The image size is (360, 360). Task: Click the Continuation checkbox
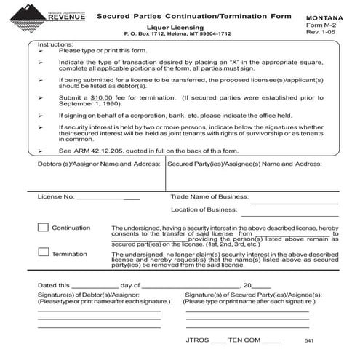point(43,228)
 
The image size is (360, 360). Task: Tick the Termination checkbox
point(43,252)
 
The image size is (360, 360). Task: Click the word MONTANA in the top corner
point(325,16)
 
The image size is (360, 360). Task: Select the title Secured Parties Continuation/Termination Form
point(193,15)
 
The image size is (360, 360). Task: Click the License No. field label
point(56,196)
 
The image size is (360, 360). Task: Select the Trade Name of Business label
point(209,196)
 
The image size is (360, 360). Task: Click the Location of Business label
point(204,209)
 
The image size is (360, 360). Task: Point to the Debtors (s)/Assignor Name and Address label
point(98,164)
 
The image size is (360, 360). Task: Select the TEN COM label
point(244,340)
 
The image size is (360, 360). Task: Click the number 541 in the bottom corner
point(310,341)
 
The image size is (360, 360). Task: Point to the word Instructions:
point(55,44)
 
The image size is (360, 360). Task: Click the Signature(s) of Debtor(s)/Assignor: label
point(83,294)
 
